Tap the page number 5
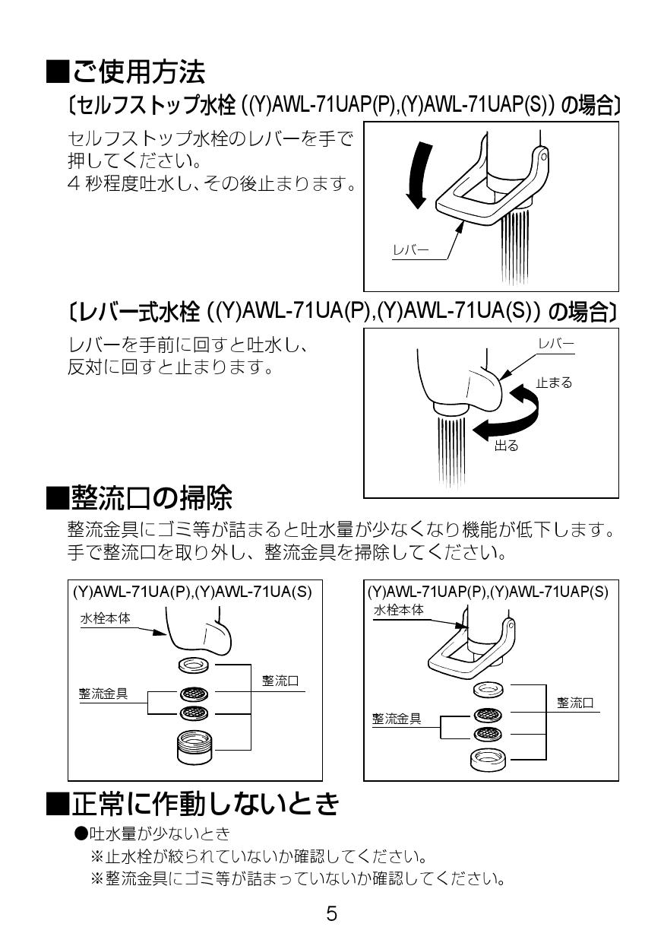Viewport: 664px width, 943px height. (332, 913)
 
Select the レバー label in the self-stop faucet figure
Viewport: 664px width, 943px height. (410, 249)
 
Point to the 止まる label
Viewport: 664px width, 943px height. (554, 383)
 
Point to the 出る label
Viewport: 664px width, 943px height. (507, 446)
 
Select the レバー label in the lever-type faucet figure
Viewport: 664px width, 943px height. (556, 344)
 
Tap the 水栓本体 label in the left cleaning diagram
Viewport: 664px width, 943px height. (106, 618)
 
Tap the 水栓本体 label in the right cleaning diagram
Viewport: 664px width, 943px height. (398, 610)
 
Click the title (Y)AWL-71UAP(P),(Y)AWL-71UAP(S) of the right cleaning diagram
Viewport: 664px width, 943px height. (488, 592)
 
